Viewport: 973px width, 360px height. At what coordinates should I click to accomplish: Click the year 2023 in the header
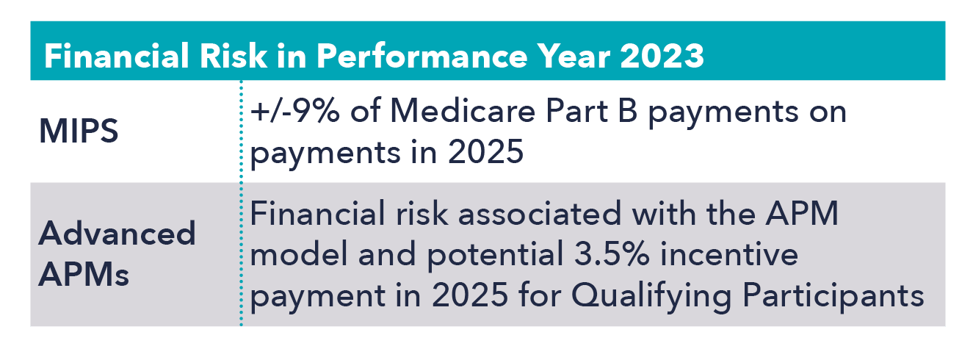pyautogui.click(x=662, y=56)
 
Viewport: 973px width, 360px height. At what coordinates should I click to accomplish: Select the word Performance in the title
pyautogui.click(x=421, y=56)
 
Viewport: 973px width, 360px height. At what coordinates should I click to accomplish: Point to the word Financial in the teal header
pyautogui.click(x=117, y=56)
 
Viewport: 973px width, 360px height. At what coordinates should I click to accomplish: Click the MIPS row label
pyautogui.click(x=79, y=131)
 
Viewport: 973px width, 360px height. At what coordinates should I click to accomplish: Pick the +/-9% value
pyautogui.click(x=294, y=111)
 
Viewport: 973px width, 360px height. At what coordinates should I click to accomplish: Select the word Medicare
pyautogui.click(x=463, y=111)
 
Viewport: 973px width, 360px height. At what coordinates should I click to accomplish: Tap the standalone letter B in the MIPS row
pyautogui.click(x=628, y=111)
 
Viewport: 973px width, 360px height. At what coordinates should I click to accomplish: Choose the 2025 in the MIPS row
pyautogui.click(x=485, y=152)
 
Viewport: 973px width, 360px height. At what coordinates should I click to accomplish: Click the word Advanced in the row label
pyautogui.click(x=117, y=234)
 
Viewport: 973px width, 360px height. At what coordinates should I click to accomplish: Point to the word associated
pyautogui.click(x=540, y=214)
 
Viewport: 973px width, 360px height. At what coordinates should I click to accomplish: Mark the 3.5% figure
pyautogui.click(x=612, y=254)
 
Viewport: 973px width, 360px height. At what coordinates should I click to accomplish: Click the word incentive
pyautogui.click(x=729, y=254)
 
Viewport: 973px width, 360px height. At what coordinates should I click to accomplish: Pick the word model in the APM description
pyautogui.click(x=299, y=254)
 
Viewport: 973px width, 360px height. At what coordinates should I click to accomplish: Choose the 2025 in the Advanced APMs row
pyautogui.click(x=470, y=295)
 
